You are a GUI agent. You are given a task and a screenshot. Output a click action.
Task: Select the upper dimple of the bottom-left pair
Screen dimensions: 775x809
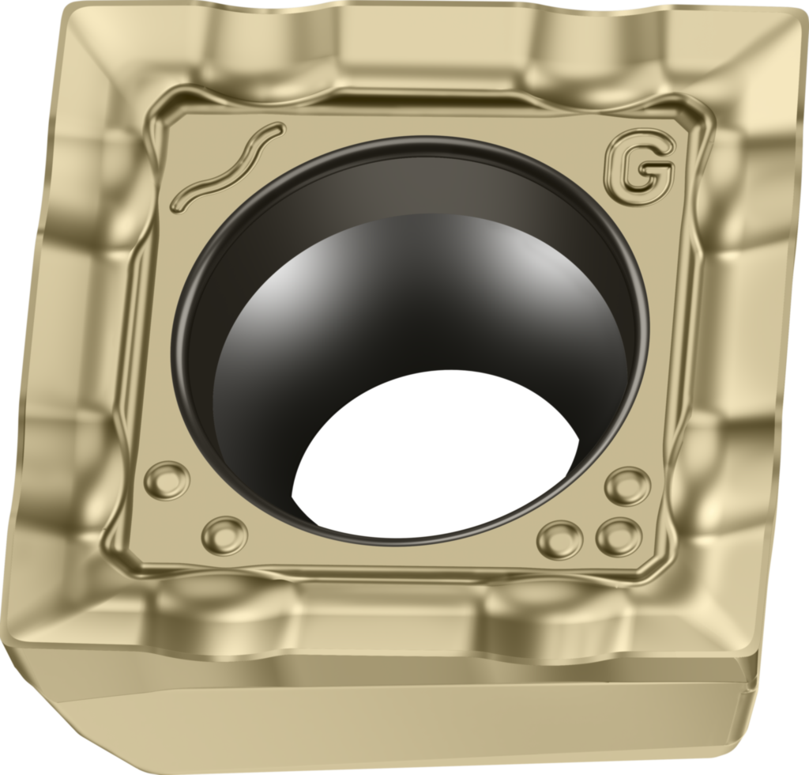pos(167,480)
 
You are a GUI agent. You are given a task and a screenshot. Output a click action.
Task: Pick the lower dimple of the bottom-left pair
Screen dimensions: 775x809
pos(225,535)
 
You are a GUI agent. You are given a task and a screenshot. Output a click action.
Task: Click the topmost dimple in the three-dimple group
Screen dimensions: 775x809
pos(628,486)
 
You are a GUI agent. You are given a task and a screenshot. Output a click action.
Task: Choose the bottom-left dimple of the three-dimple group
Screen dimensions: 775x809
pos(560,540)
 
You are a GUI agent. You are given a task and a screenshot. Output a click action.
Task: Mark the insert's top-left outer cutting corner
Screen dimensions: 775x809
pos(71,9)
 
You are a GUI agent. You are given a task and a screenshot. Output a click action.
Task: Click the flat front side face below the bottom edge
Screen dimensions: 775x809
pos(395,728)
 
